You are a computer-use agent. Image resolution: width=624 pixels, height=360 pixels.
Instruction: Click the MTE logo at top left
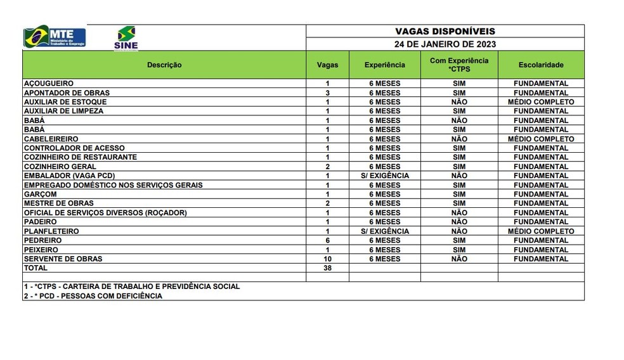[x=55, y=36]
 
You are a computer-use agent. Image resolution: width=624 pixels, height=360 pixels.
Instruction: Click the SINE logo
[x=126, y=38]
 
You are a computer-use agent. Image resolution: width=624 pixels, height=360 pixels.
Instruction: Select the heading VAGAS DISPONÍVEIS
[x=445, y=31]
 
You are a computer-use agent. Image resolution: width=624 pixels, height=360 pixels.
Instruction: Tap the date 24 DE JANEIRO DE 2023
[x=445, y=44]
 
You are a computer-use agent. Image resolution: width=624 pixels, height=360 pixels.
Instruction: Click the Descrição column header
[x=164, y=65]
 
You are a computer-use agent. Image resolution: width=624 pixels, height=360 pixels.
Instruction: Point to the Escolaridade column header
[x=541, y=65]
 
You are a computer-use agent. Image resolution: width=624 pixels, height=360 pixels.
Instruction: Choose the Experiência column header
[x=384, y=65]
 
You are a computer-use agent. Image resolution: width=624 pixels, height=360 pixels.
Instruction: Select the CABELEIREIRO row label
[x=51, y=139]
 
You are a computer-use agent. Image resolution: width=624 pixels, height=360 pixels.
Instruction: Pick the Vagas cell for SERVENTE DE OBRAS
[x=327, y=259]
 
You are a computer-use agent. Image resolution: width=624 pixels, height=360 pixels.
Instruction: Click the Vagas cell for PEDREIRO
[x=327, y=241]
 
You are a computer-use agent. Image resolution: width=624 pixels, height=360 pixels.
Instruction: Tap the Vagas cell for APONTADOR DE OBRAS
[x=327, y=93]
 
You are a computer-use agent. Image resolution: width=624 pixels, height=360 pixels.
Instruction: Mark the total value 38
[x=327, y=268]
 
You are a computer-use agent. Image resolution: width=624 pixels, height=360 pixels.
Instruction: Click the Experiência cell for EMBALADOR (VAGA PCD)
[x=384, y=176]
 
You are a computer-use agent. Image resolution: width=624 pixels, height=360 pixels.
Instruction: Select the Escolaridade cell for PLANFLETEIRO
[x=541, y=231]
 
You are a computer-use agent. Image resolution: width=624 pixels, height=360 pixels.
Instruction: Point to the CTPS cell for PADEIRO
[x=459, y=222]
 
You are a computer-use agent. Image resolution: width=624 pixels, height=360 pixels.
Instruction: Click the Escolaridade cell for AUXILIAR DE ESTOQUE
[x=541, y=102]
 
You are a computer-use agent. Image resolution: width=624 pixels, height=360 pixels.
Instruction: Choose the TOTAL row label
[x=36, y=268]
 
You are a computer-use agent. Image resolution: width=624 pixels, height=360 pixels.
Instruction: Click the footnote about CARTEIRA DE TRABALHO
[x=132, y=286]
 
